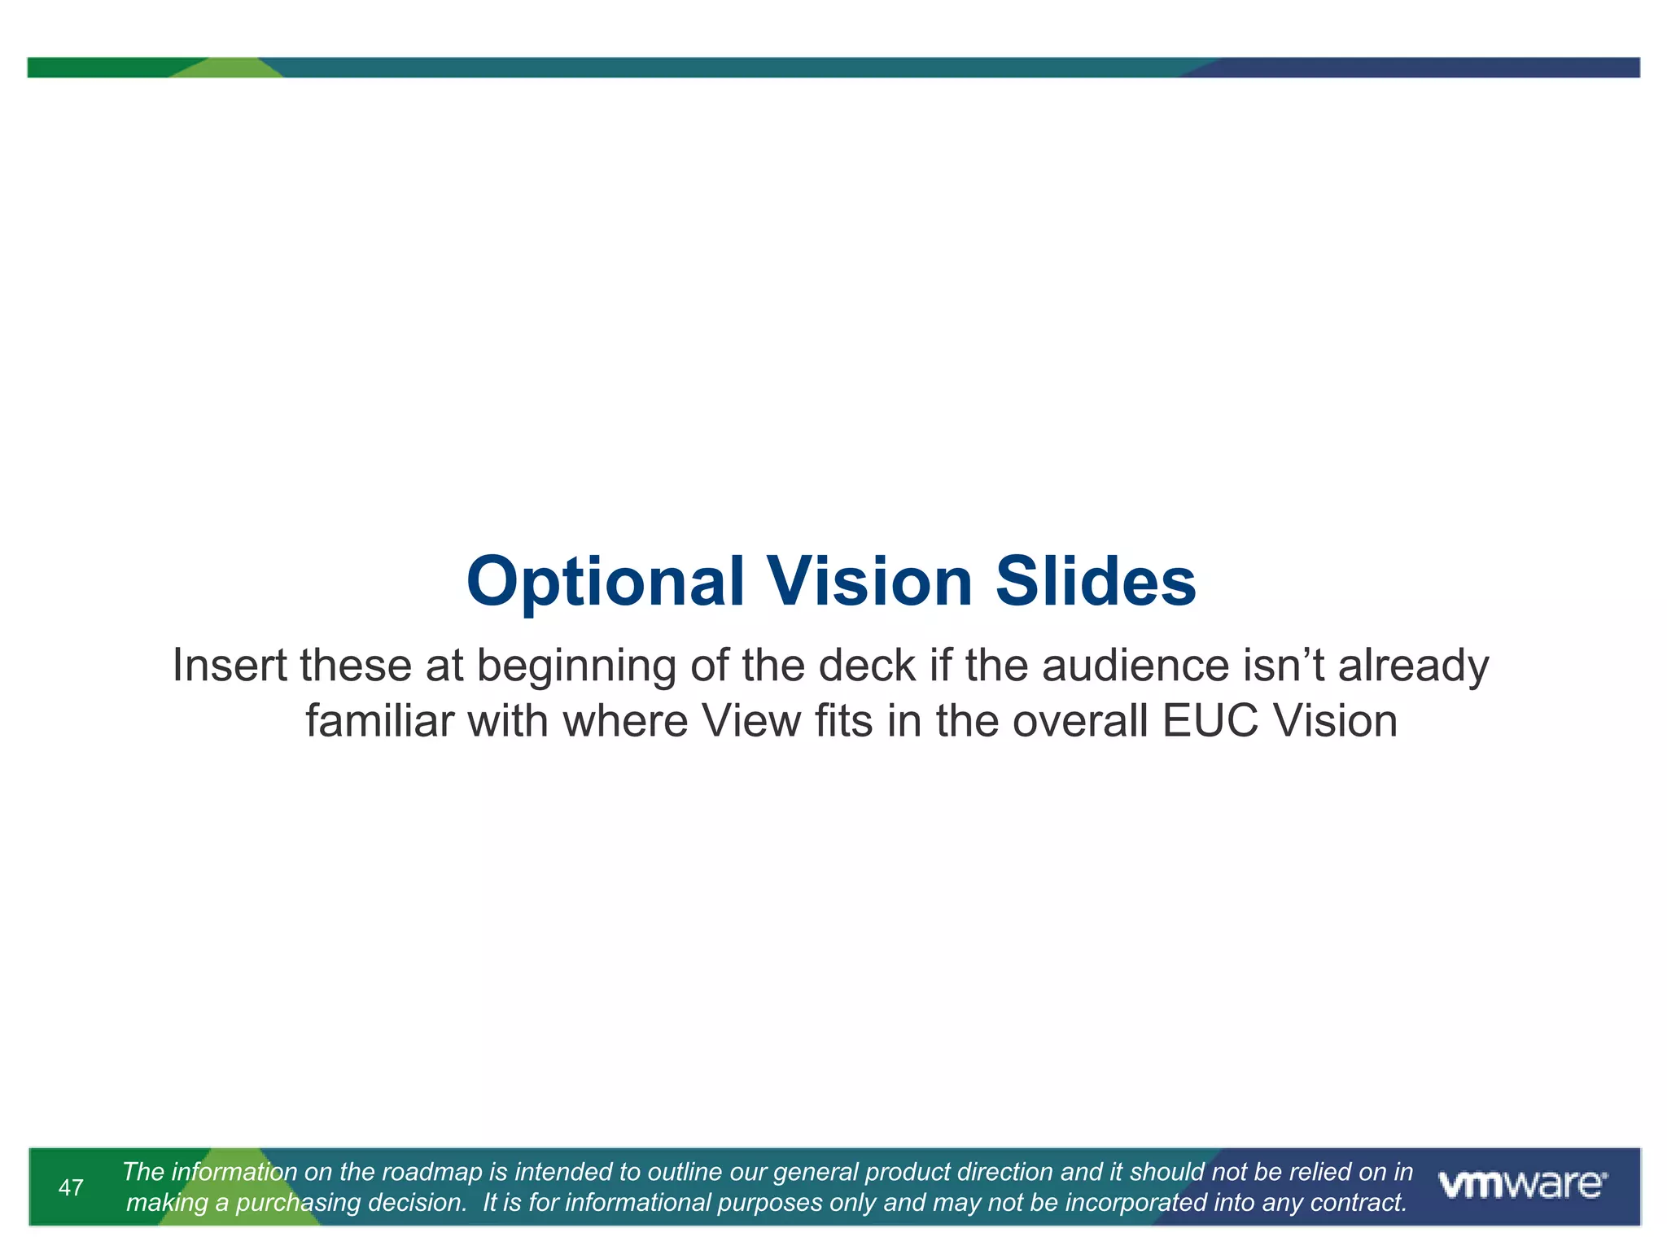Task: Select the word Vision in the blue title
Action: pyautogui.click(x=870, y=582)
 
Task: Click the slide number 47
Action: pyautogui.click(x=71, y=1187)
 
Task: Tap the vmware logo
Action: pyautogui.click(x=1522, y=1185)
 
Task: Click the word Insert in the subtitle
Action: pyautogui.click(x=230, y=665)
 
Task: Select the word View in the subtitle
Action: pyautogui.click(x=750, y=721)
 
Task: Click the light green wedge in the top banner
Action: pyautogui.click(x=228, y=68)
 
